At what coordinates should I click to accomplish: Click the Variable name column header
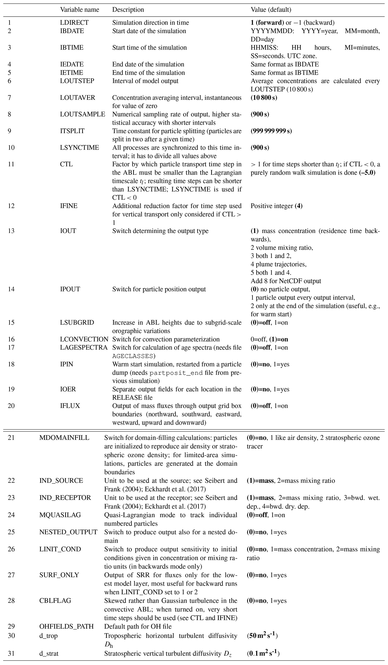[80, 10]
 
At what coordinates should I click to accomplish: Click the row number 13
[11, 231]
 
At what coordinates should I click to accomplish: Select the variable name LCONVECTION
[84, 339]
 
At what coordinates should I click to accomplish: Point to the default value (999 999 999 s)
[271, 131]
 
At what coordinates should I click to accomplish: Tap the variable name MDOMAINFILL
[64, 438]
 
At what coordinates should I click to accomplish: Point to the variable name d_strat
[49, 651]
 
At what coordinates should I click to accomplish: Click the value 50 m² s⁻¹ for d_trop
[262, 636]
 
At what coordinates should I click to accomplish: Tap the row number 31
[11, 651]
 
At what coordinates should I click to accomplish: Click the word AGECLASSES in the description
[132, 356]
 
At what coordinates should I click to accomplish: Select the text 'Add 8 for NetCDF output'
[286, 281]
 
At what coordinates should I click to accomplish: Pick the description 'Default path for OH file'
[138, 627]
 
